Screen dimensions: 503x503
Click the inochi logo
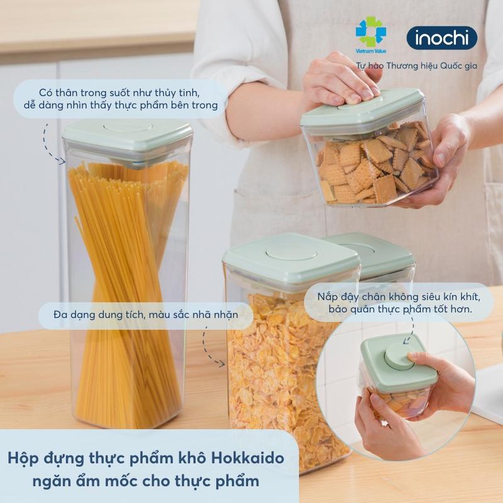pyautogui.click(x=441, y=38)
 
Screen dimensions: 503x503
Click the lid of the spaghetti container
pyautogui.click(x=128, y=133)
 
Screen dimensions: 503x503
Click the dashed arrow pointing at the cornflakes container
pyautogui.click(x=211, y=350)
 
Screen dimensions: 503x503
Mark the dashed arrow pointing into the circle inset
pyautogui.click(x=409, y=330)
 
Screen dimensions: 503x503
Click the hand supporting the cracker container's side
pyautogui.click(x=443, y=157)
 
